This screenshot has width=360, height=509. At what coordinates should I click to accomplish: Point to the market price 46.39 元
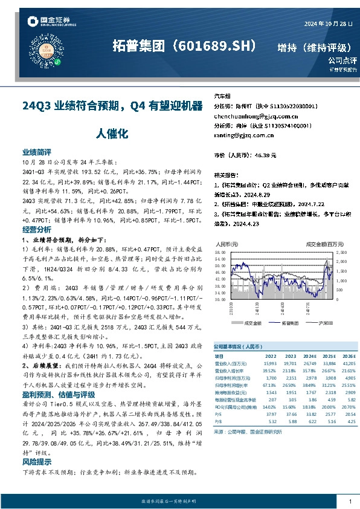click(262, 155)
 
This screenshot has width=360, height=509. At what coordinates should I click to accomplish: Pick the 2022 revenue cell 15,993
click(270, 363)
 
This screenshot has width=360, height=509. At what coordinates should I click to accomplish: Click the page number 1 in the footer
click(350, 502)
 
